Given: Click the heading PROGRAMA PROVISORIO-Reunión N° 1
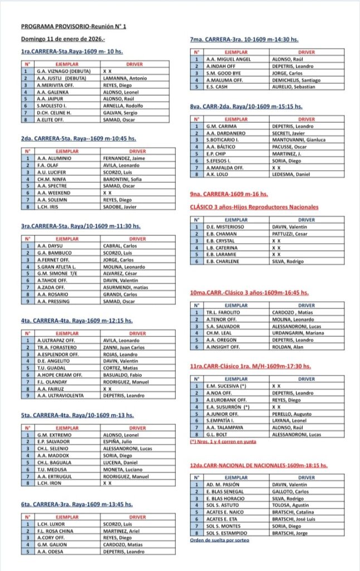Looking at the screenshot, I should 74,27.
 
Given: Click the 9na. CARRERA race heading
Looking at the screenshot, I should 229,194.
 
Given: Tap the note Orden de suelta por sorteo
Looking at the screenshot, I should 220,540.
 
